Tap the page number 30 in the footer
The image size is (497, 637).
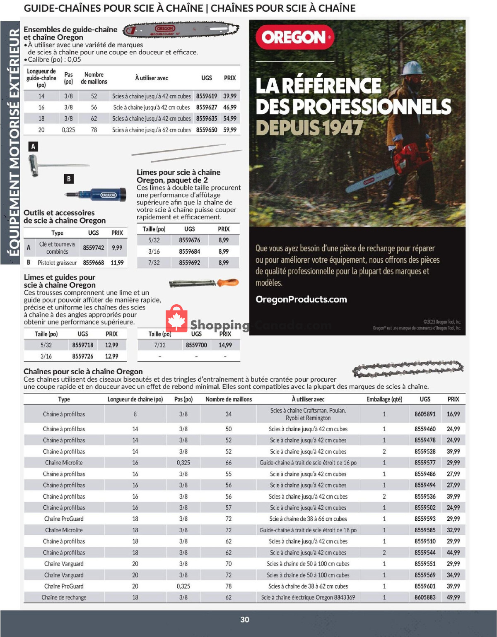pyautogui.click(x=245, y=619)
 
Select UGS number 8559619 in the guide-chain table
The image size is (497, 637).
pyautogui.click(x=207, y=96)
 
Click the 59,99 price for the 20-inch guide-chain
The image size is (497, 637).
pyautogui.click(x=230, y=130)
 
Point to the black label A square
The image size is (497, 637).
pyautogui.click(x=33, y=146)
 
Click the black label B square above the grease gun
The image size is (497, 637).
pyautogui.click(x=69, y=179)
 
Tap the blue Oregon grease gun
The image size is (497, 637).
pyautogui.click(x=99, y=195)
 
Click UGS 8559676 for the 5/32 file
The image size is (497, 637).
pyautogui.click(x=189, y=240)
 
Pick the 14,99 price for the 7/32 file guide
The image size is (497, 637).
pyautogui.click(x=225, y=345)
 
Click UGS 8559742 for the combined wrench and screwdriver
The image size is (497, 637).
pyautogui.click(x=94, y=248)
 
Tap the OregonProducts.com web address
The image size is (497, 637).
pyautogui.click(x=301, y=299)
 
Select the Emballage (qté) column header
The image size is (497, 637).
pyautogui.click(x=384, y=399)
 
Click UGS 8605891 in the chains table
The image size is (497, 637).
pyautogui.click(x=425, y=414)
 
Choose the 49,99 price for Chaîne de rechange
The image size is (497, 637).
pyautogui.click(x=453, y=597)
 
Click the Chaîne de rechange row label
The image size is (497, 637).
pyautogui.click(x=64, y=597)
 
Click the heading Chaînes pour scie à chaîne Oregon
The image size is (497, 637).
pyautogui.click(x=83, y=371)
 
